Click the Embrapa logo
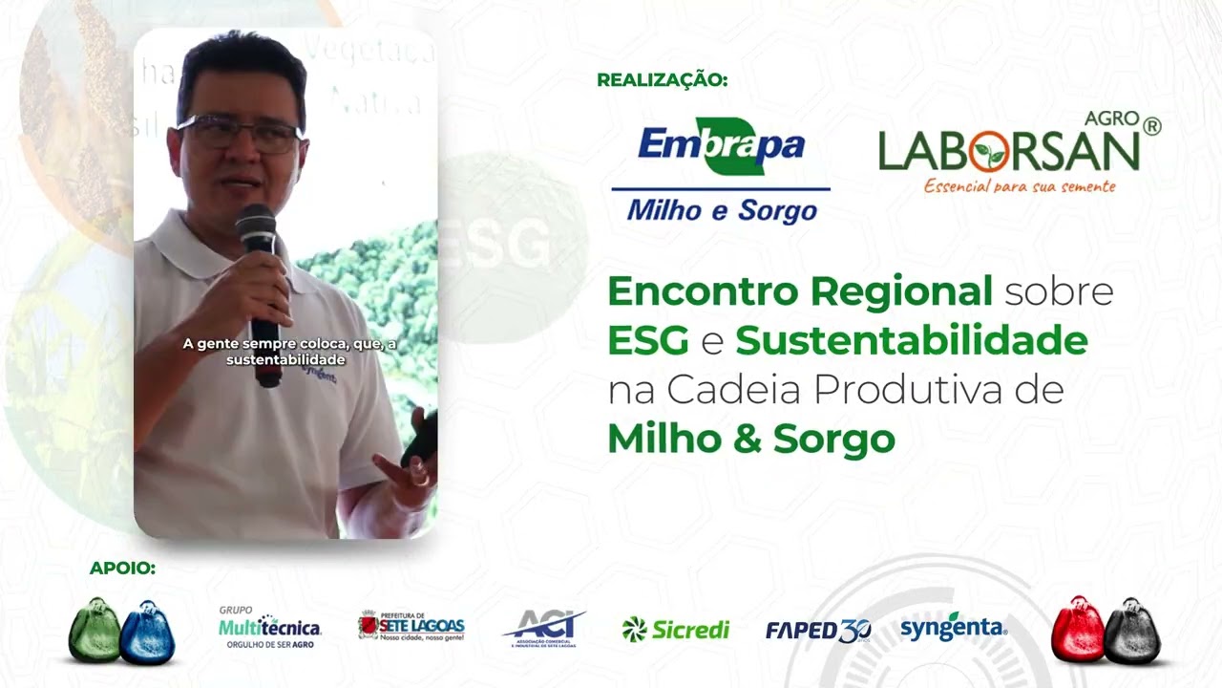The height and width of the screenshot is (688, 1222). click(x=721, y=170)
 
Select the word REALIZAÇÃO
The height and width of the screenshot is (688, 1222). click(x=662, y=80)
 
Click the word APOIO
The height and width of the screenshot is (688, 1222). click(x=122, y=569)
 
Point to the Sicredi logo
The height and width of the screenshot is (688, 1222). click(x=675, y=629)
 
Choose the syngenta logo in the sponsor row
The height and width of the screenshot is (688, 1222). click(x=953, y=628)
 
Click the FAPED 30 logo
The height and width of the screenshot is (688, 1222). click(x=817, y=630)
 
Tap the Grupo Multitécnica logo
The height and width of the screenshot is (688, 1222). click(x=269, y=628)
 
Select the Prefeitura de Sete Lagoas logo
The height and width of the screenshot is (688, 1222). click(x=411, y=627)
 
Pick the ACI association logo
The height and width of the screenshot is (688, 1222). click(x=542, y=629)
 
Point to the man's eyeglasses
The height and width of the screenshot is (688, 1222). click(x=239, y=133)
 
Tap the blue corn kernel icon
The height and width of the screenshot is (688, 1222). click(x=148, y=632)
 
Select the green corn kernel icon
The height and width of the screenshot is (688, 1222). click(x=95, y=630)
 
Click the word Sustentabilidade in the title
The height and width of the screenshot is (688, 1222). click(x=911, y=341)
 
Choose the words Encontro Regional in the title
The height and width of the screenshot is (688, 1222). click(x=799, y=291)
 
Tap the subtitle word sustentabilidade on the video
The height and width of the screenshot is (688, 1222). click(x=285, y=360)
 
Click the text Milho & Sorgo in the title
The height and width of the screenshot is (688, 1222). click(x=750, y=439)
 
